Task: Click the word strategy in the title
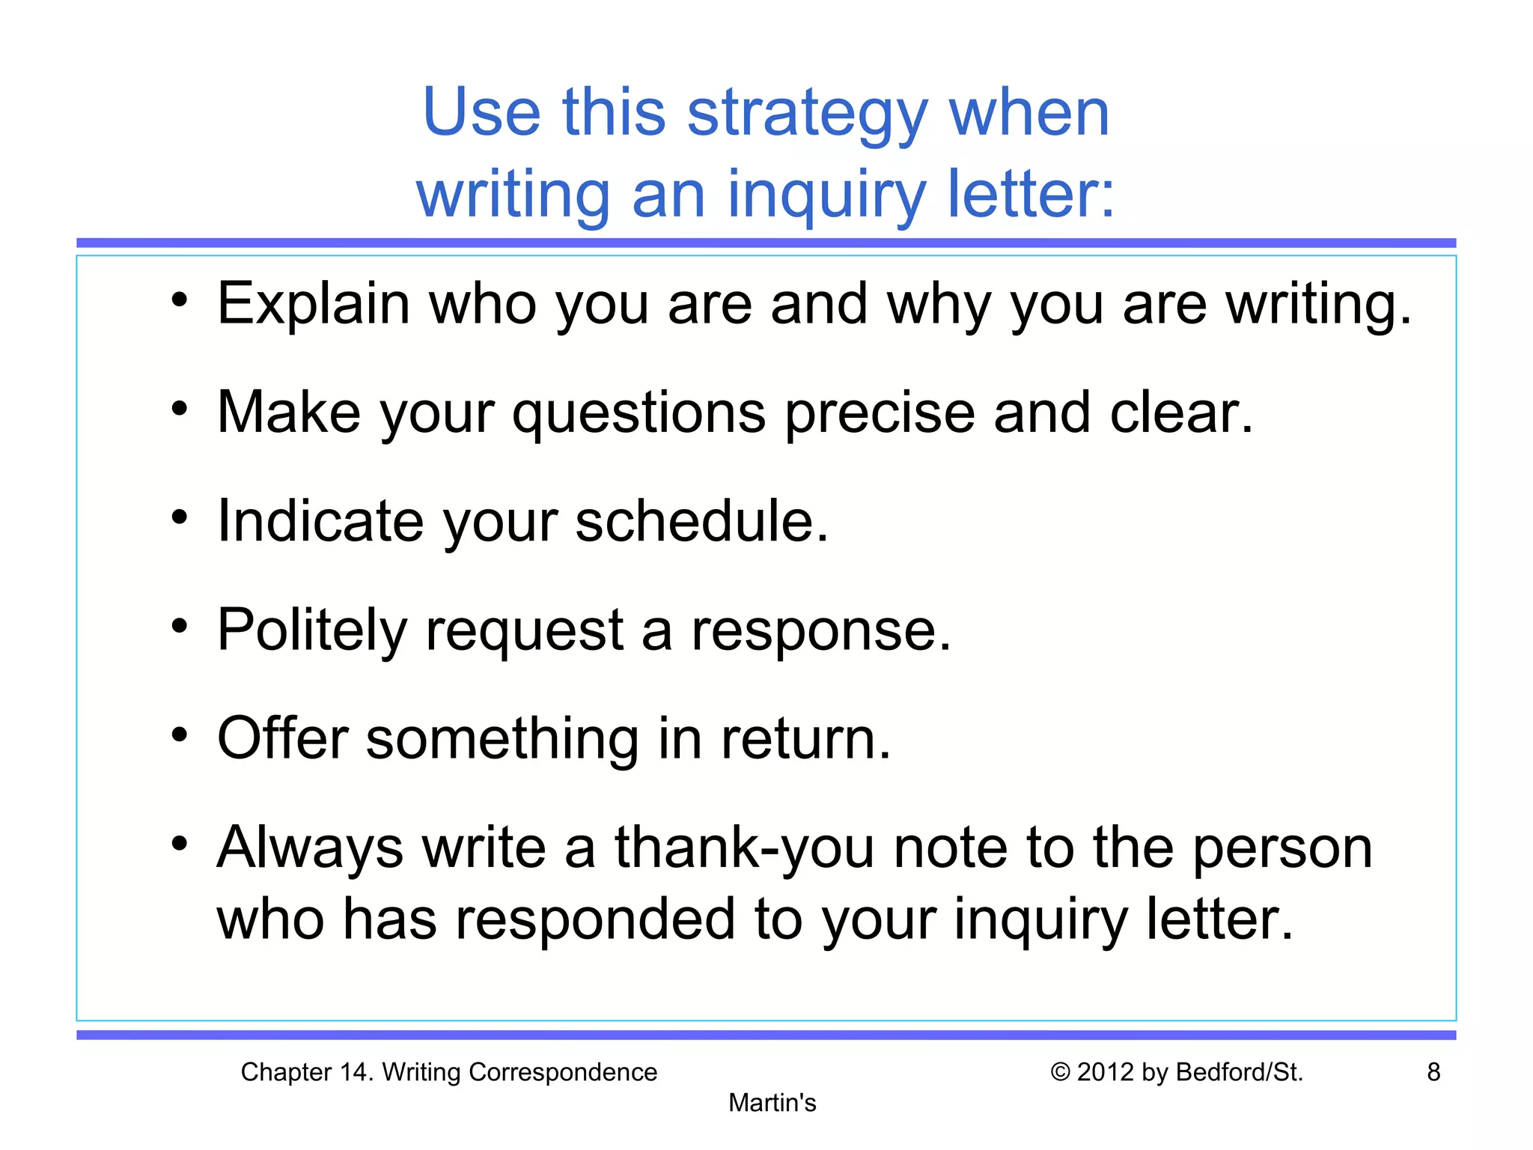(x=807, y=114)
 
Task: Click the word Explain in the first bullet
(x=313, y=304)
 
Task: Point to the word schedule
(x=701, y=521)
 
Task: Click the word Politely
(x=312, y=630)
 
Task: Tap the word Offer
(x=282, y=738)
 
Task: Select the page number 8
(x=1433, y=1072)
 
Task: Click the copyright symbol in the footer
(x=1060, y=1072)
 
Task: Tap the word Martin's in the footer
(x=772, y=1103)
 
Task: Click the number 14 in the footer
(x=356, y=1072)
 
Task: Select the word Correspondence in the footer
(x=562, y=1072)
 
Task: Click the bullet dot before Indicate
(x=179, y=517)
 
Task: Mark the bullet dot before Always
(x=179, y=844)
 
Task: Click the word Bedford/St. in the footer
(x=1240, y=1072)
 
